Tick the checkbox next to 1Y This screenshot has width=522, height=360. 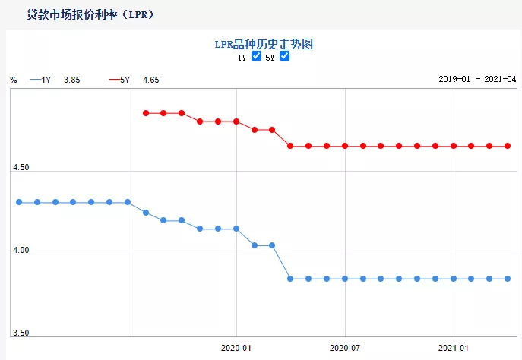tap(256, 56)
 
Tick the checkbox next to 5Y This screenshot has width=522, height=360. tap(284, 56)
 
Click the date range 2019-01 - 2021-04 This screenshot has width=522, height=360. tap(477, 80)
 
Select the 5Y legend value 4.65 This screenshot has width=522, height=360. tap(151, 80)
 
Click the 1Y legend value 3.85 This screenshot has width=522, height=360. tap(72, 80)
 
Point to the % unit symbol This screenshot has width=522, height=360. tap(14, 80)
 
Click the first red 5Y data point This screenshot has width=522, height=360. tap(145, 113)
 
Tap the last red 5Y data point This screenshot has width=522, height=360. tap(508, 146)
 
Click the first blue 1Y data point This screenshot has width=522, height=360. tap(19, 202)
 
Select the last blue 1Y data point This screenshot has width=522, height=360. tap(508, 279)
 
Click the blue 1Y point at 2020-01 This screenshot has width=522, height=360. tap(236, 229)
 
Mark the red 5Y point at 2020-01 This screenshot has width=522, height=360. tap(236, 122)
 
